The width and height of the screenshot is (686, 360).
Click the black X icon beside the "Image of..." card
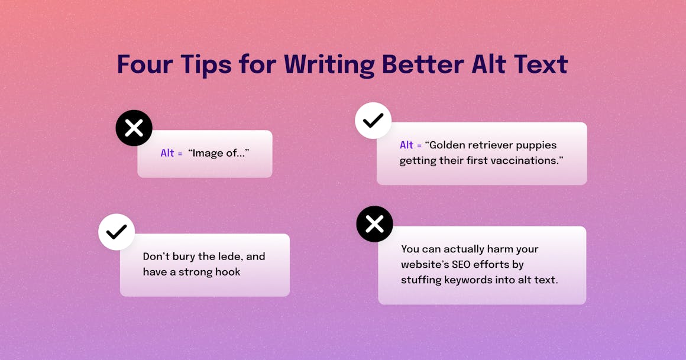(x=134, y=128)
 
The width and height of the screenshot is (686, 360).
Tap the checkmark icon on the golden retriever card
(x=373, y=121)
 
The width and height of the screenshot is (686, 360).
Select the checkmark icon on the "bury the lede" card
(x=117, y=232)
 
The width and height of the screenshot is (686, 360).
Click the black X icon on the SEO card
(x=374, y=224)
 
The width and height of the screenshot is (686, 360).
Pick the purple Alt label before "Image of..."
(x=167, y=153)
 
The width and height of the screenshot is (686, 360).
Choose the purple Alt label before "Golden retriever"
(x=406, y=145)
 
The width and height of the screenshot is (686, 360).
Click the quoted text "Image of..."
(x=219, y=153)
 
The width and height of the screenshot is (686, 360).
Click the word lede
(x=222, y=257)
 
